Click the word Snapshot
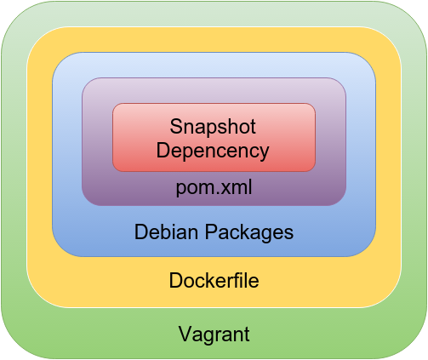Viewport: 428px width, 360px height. (213, 127)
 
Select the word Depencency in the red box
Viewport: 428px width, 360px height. (213, 151)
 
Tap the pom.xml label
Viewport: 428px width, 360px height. (214, 188)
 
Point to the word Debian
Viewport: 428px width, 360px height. (166, 231)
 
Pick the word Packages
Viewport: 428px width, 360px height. (249, 232)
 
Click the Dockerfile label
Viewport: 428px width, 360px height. (214, 280)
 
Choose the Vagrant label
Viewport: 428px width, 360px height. (214, 334)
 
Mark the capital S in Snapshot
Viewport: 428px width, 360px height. (175, 127)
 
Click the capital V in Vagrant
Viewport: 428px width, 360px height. (185, 334)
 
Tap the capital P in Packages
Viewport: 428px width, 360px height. (211, 231)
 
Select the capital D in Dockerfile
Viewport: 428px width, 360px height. (176, 280)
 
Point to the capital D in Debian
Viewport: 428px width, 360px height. (141, 231)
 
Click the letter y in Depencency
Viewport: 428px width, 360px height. (264, 153)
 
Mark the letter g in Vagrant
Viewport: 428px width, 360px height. (209, 337)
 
